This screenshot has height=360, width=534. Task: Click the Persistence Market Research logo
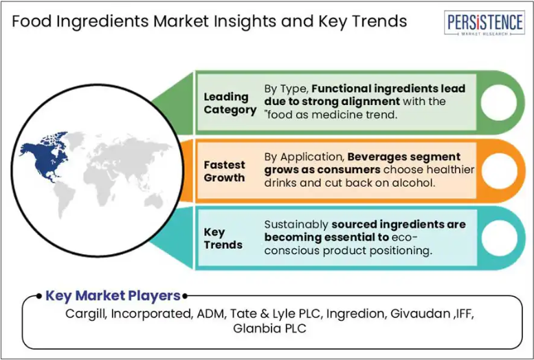coord(485,23)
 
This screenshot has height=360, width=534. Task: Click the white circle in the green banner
coord(498,102)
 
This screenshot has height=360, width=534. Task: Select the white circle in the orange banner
coord(499,170)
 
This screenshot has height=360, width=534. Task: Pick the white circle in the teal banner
coord(500,238)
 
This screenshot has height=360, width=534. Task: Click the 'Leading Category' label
coord(230,104)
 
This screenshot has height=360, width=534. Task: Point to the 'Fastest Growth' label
coord(225,171)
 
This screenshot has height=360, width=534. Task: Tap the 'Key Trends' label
coord(223,238)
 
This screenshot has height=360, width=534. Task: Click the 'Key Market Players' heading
coord(113,295)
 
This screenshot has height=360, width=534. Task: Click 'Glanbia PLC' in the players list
coord(269,328)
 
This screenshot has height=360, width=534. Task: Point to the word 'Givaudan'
coord(420,313)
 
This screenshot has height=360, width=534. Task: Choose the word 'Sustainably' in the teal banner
coord(296,225)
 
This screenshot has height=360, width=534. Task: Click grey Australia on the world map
coord(154,201)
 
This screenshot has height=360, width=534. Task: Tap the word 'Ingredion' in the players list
coord(355,314)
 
